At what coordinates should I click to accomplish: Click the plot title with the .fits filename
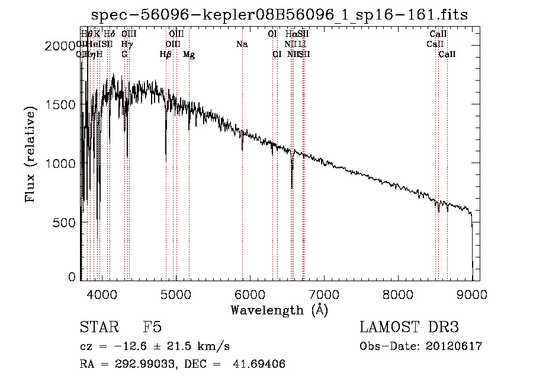pyautogui.click(x=280, y=15)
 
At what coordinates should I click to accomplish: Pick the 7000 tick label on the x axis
pyautogui.click(x=323, y=294)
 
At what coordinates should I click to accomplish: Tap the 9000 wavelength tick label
pyautogui.click(x=472, y=294)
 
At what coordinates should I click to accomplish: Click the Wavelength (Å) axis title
pyautogui.click(x=279, y=309)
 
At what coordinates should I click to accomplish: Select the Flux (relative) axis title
pyautogui.click(x=30, y=154)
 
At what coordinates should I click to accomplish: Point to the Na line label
pyautogui.click(x=242, y=44)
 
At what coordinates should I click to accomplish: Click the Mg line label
pyautogui.click(x=189, y=55)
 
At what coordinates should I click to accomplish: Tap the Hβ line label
pyautogui.click(x=166, y=55)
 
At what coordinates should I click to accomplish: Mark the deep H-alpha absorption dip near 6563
pyautogui.click(x=291, y=181)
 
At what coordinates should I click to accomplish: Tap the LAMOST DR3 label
pyautogui.click(x=409, y=327)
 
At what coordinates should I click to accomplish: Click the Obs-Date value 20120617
pyautogui.click(x=453, y=346)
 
